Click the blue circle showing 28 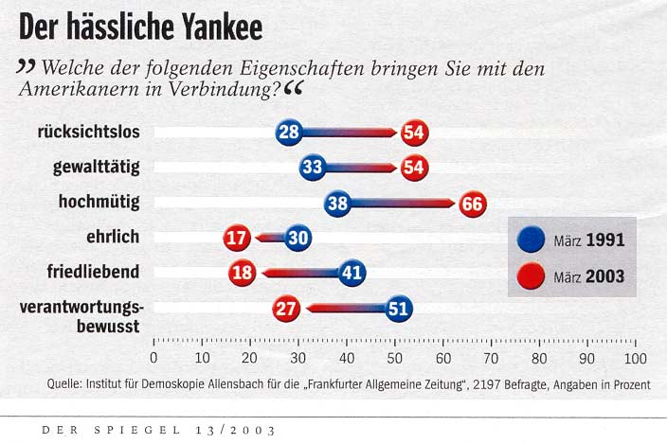(x=289, y=133)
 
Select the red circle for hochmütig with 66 (x=472, y=203)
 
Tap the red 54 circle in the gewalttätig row (x=414, y=168)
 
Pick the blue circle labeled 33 (x=313, y=168)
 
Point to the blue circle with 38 (x=337, y=203)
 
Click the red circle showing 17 (x=236, y=238)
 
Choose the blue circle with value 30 (x=297, y=238)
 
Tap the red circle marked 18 (x=243, y=273)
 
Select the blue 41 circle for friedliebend (x=352, y=273)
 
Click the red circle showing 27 (x=286, y=308)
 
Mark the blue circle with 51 (x=399, y=308)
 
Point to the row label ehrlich (x=113, y=238)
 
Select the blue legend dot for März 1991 (x=531, y=240)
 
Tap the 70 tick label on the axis (x=491, y=359)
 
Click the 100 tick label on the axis (x=634, y=359)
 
